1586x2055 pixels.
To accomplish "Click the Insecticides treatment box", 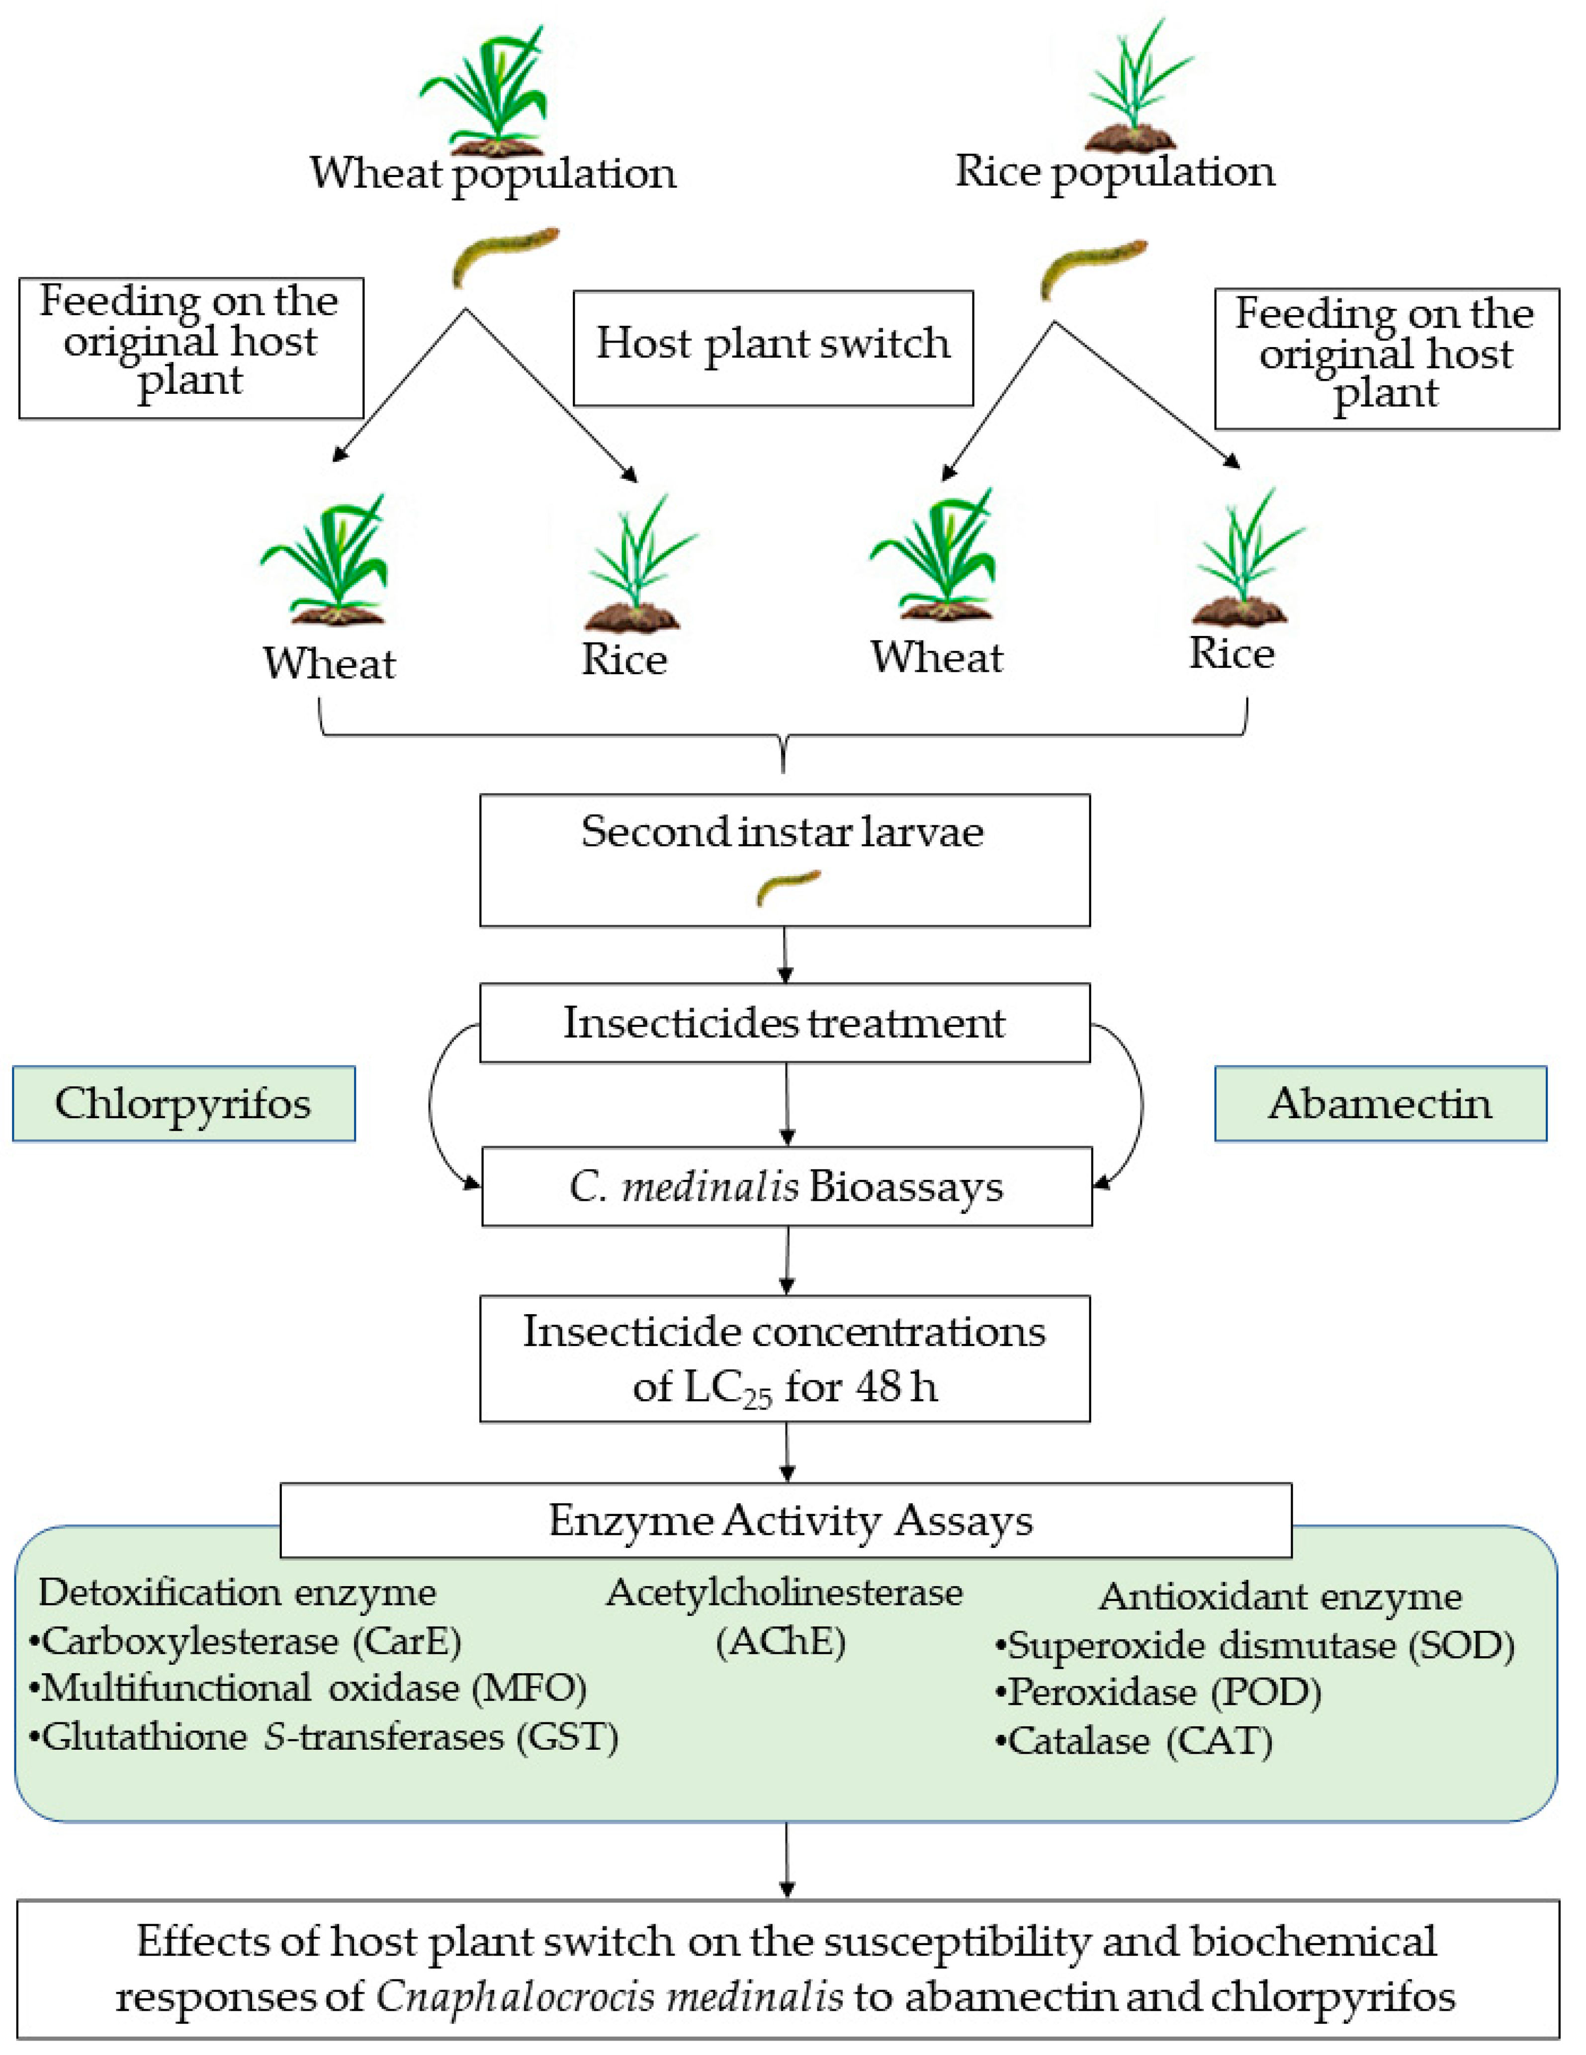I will click(x=785, y=1023).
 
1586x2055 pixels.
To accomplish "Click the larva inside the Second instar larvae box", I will click(x=789, y=888).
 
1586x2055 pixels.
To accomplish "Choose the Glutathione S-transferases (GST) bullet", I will click(x=325, y=1736).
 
